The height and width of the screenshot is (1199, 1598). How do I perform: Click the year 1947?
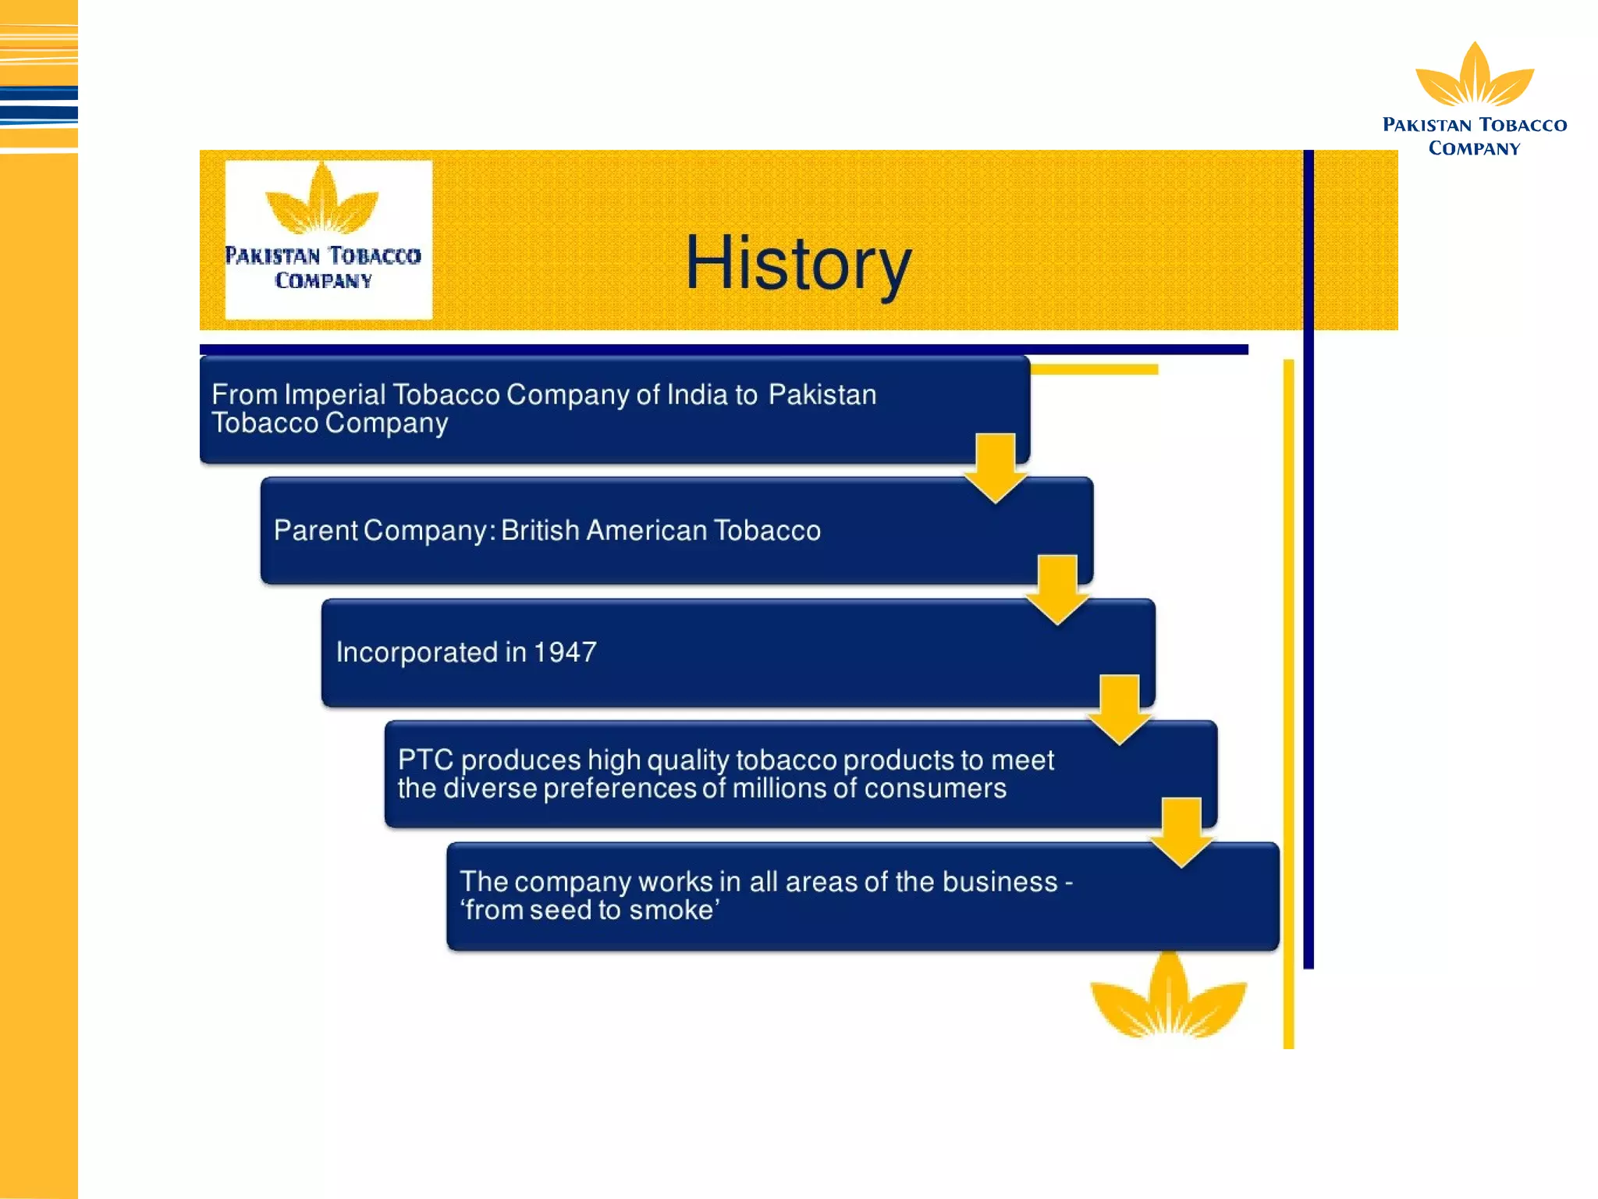tap(566, 652)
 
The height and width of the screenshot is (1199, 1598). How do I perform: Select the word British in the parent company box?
tap(540, 530)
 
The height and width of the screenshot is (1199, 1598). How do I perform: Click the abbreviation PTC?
tap(425, 760)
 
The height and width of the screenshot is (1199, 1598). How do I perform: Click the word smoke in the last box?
tap(671, 910)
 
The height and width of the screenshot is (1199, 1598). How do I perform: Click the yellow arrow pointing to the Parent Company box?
tap(995, 468)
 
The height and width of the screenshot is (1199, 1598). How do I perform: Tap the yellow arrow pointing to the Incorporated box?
tap(1057, 589)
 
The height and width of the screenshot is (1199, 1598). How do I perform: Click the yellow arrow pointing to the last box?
tap(1181, 832)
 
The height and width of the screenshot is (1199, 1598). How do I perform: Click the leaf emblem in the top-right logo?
tap(1475, 76)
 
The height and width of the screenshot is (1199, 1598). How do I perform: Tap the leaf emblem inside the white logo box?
tap(322, 199)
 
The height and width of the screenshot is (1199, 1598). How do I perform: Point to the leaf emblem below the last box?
tap(1168, 996)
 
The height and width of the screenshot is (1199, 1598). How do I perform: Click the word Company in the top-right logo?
tap(1474, 148)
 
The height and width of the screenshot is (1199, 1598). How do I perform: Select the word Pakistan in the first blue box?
tap(822, 395)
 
